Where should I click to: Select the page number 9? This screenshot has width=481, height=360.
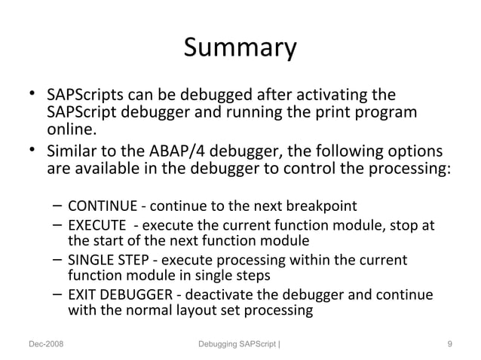pyautogui.click(x=449, y=345)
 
